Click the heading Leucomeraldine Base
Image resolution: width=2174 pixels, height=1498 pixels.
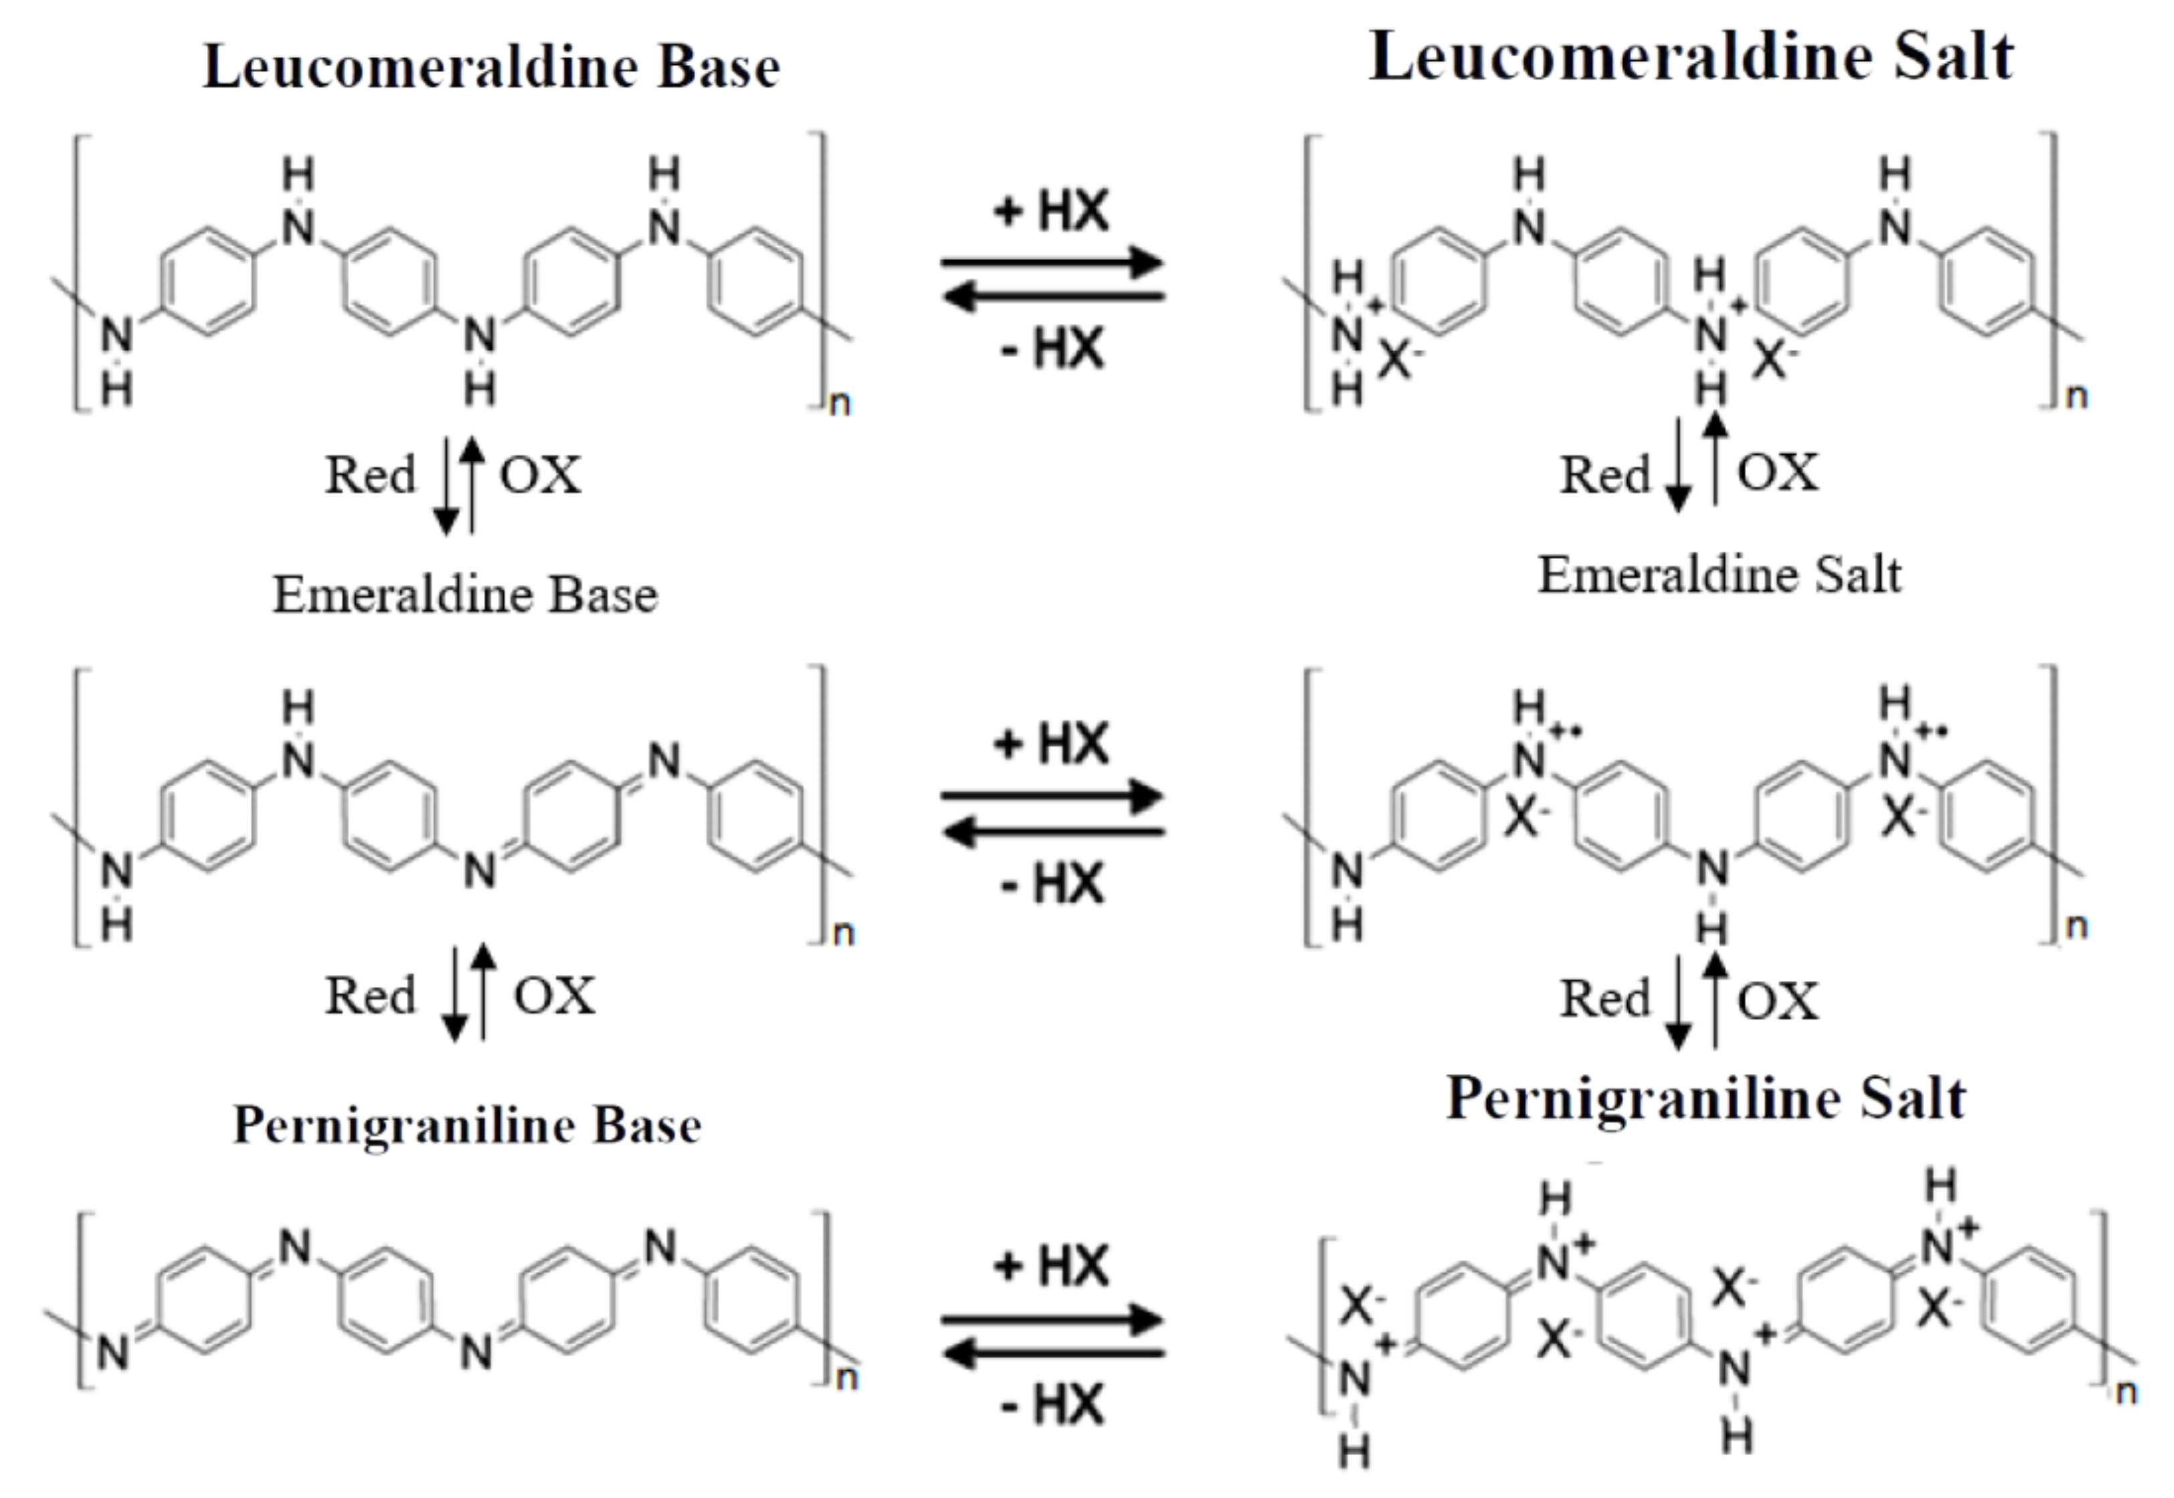491,68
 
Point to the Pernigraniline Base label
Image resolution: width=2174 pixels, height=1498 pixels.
467,1124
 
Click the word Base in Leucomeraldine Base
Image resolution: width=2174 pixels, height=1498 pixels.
718,68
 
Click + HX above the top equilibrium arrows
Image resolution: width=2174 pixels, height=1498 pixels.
1051,210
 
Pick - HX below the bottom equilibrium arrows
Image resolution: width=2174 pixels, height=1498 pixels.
1051,1405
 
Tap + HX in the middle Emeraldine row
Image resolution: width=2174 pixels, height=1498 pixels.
1051,744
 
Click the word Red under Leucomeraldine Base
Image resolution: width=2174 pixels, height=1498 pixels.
370,475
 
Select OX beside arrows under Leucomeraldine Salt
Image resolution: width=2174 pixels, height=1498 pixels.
1777,472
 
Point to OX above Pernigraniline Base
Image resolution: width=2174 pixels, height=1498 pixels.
554,996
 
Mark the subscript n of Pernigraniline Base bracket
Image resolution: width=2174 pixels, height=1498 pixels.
846,1378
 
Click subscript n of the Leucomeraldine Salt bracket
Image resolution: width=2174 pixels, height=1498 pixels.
2077,397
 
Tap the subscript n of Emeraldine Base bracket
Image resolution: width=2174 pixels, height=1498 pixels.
844,933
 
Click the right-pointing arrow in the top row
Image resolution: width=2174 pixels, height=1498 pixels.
1053,262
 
